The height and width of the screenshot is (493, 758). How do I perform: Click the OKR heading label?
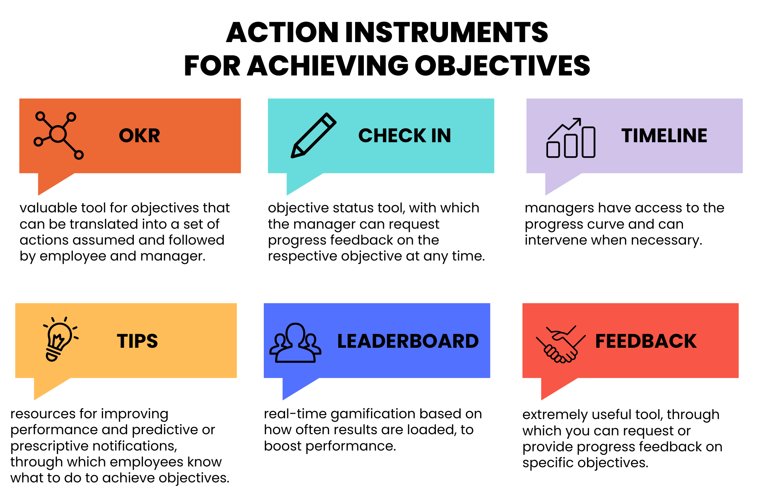point(139,136)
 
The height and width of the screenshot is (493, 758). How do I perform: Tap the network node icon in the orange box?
point(58,135)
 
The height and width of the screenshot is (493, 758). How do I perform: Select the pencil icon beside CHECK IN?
point(313,135)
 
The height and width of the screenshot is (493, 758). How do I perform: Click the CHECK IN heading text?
point(405,136)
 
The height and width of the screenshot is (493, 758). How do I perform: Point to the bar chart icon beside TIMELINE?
point(571,138)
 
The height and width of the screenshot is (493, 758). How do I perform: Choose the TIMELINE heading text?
point(664,136)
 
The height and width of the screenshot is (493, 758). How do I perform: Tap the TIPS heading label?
point(137,341)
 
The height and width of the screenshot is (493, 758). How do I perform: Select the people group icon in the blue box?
point(295,343)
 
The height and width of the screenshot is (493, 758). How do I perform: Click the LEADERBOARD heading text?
point(408,341)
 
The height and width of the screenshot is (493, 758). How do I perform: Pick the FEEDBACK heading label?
point(646,341)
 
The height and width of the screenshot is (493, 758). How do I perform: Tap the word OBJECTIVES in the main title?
point(503,66)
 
